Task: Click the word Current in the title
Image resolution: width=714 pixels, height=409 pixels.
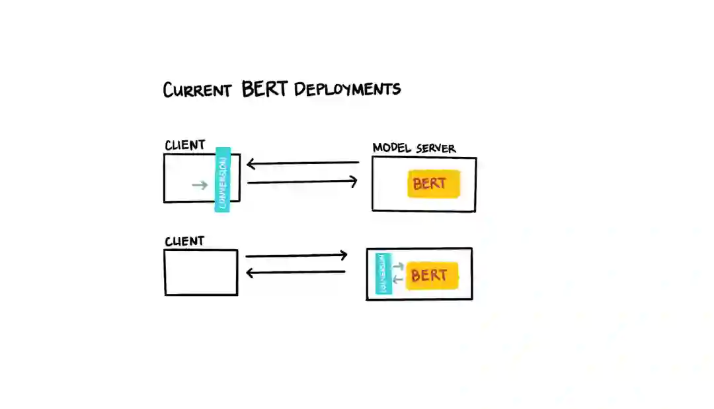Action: click(x=197, y=90)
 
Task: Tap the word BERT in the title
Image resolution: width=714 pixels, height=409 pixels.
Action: click(x=265, y=89)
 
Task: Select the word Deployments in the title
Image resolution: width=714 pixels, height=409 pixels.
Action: click(x=347, y=89)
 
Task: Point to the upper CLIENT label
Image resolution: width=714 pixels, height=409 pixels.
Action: click(x=184, y=145)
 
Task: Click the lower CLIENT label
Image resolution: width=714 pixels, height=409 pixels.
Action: click(x=184, y=242)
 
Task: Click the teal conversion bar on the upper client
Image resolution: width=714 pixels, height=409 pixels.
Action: click(x=223, y=179)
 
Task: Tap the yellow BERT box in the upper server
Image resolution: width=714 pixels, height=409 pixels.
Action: click(x=433, y=184)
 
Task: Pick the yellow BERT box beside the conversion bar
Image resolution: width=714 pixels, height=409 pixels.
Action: click(x=432, y=275)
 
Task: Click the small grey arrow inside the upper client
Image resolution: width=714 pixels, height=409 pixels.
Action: click(x=199, y=185)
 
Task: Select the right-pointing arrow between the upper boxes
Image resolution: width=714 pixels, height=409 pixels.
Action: click(x=302, y=181)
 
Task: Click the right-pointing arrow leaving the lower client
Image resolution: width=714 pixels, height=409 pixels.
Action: click(x=296, y=255)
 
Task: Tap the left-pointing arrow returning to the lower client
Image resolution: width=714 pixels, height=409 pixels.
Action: click(x=296, y=271)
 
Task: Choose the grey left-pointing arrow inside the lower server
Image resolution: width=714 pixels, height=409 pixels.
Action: click(x=398, y=279)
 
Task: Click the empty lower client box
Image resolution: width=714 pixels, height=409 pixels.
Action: click(x=201, y=272)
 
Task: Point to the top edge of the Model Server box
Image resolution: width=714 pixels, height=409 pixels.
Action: click(x=424, y=158)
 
